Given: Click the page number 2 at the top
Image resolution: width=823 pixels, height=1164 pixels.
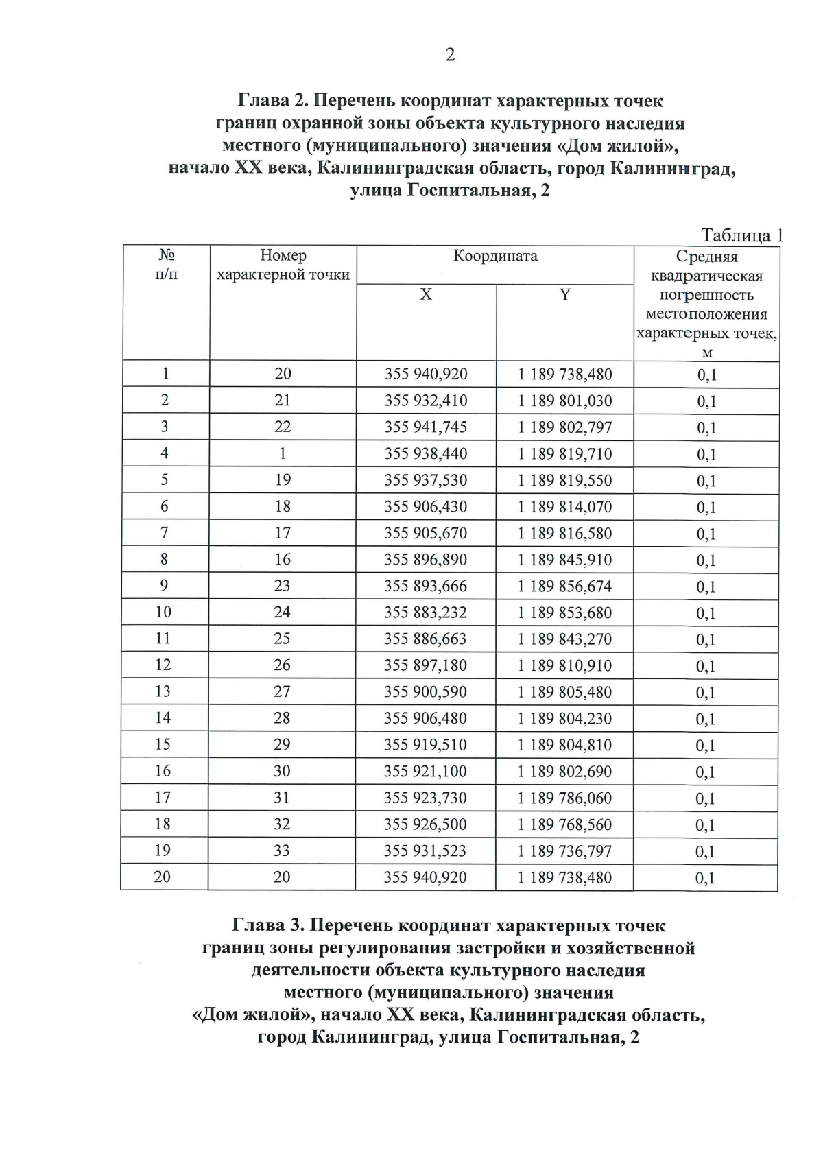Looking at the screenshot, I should point(450,55).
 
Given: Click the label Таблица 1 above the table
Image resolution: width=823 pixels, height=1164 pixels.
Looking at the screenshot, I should point(741,235).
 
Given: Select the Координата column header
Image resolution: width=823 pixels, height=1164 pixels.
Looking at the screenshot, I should point(495,257).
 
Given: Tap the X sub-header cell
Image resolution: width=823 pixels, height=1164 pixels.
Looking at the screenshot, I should point(426,294).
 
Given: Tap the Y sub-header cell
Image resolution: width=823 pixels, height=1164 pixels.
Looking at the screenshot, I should point(564,294).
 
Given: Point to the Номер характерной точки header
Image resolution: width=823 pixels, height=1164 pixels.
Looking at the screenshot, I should point(283,265).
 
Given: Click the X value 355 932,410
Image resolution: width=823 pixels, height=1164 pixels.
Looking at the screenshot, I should point(425,401).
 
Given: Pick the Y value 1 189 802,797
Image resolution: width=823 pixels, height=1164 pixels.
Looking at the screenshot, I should point(564,427).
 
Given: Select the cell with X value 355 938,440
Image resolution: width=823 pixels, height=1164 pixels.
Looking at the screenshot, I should point(425,453).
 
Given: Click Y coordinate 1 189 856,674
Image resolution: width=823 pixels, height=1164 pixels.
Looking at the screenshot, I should point(564,586).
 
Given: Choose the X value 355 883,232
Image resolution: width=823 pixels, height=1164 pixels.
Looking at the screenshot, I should point(425,613).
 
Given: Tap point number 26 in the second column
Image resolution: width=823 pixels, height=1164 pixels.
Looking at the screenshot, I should point(282,665).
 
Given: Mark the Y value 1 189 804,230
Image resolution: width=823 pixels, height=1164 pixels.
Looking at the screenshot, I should point(564,718).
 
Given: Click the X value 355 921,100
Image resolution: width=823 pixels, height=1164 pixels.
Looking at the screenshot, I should point(425,771).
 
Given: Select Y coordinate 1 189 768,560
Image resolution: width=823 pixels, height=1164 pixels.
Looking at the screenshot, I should point(564,824).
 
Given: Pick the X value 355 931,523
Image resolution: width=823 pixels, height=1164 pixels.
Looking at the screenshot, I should point(425,851).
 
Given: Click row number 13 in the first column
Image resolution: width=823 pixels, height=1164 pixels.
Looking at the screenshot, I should point(163,691).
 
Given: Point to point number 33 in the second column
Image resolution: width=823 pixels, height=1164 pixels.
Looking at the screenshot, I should point(282,851).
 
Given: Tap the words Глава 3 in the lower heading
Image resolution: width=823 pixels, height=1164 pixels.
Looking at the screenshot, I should point(268,925).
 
